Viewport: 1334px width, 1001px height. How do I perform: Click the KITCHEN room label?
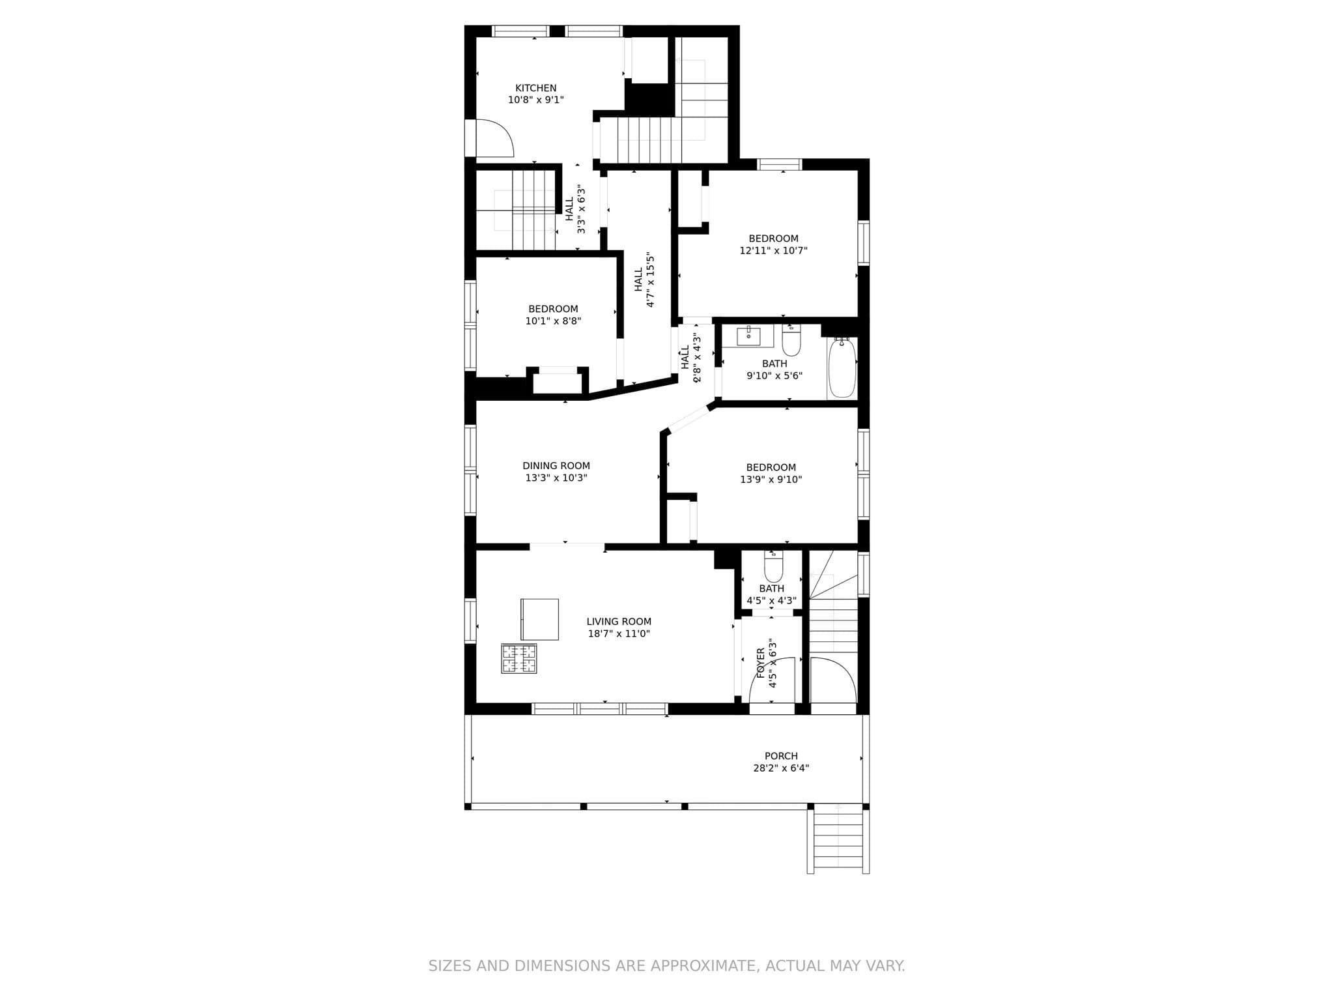pyautogui.click(x=536, y=88)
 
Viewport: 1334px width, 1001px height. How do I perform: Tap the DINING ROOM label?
pyautogui.click(x=556, y=466)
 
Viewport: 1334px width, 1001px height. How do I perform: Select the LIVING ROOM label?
pyautogui.click(x=619, y=622)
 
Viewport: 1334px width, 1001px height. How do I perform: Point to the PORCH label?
pyautogui.click(x=781, y=756)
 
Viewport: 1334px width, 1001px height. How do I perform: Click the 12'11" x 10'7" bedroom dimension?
pyautogui.click(x=773, y=250)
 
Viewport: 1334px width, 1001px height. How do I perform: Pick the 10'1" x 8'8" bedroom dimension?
pyautogui.click(x=553, y=321)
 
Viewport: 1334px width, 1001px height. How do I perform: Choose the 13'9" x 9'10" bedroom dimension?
pyautogui.click(x=771, y=480)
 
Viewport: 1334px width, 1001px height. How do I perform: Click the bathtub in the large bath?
pyautogui.click(x=842, y=368)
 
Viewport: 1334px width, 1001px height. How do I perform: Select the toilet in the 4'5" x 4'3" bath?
pyautogui.click(x=773, y=566)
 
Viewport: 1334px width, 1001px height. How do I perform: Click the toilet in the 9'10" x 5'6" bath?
pyautogui.click(x=791, y=341)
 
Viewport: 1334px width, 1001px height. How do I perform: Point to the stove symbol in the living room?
pyautogui.click(x=519, y=658)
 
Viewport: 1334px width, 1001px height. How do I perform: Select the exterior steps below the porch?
pyautogui.click(x=838, y=839)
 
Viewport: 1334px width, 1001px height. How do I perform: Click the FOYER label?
pyautogui.click(x=761, y=663)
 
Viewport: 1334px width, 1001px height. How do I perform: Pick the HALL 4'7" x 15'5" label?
pyautogui.click(x=644, y=280)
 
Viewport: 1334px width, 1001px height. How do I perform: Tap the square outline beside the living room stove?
pyautogui.click(x=540, y=619)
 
